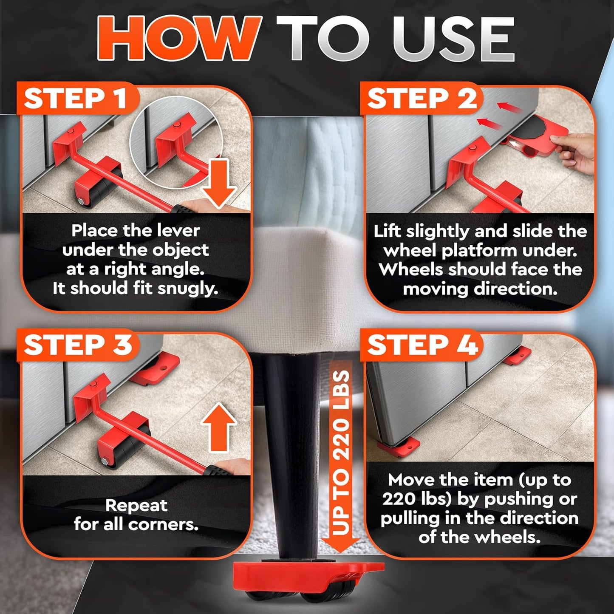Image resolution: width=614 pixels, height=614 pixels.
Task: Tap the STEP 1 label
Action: coord(76,99)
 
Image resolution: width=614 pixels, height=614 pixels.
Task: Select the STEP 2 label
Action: coord(422,99)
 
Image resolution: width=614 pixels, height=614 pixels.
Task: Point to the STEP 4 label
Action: coord(422,345)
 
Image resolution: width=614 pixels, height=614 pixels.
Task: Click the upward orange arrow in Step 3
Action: coord(219,427)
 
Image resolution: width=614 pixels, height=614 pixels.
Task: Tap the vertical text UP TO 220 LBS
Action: coord(341,453)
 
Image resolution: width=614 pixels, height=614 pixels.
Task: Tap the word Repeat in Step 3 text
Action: coord(136,505)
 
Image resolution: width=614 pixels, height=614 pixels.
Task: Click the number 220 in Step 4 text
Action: coord(399,499)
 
